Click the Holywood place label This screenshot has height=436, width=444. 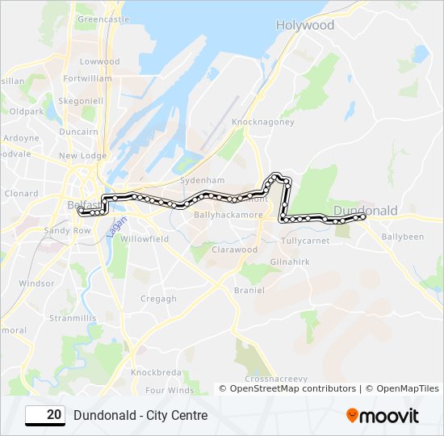click(304, 25)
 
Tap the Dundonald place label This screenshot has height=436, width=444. click(365, 210)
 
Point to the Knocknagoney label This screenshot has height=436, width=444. click(263, 122)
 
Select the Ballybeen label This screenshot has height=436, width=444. click(402, 237)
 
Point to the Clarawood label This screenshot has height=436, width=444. click(234, 249)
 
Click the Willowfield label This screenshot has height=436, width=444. click(145, 239)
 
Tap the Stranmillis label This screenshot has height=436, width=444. click(73, 318)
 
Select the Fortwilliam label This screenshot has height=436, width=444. click(87, 78)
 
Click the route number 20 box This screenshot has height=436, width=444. click(45, 415)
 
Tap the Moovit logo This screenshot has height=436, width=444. click(383, 416)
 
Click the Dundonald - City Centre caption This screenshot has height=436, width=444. click(140, 416)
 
